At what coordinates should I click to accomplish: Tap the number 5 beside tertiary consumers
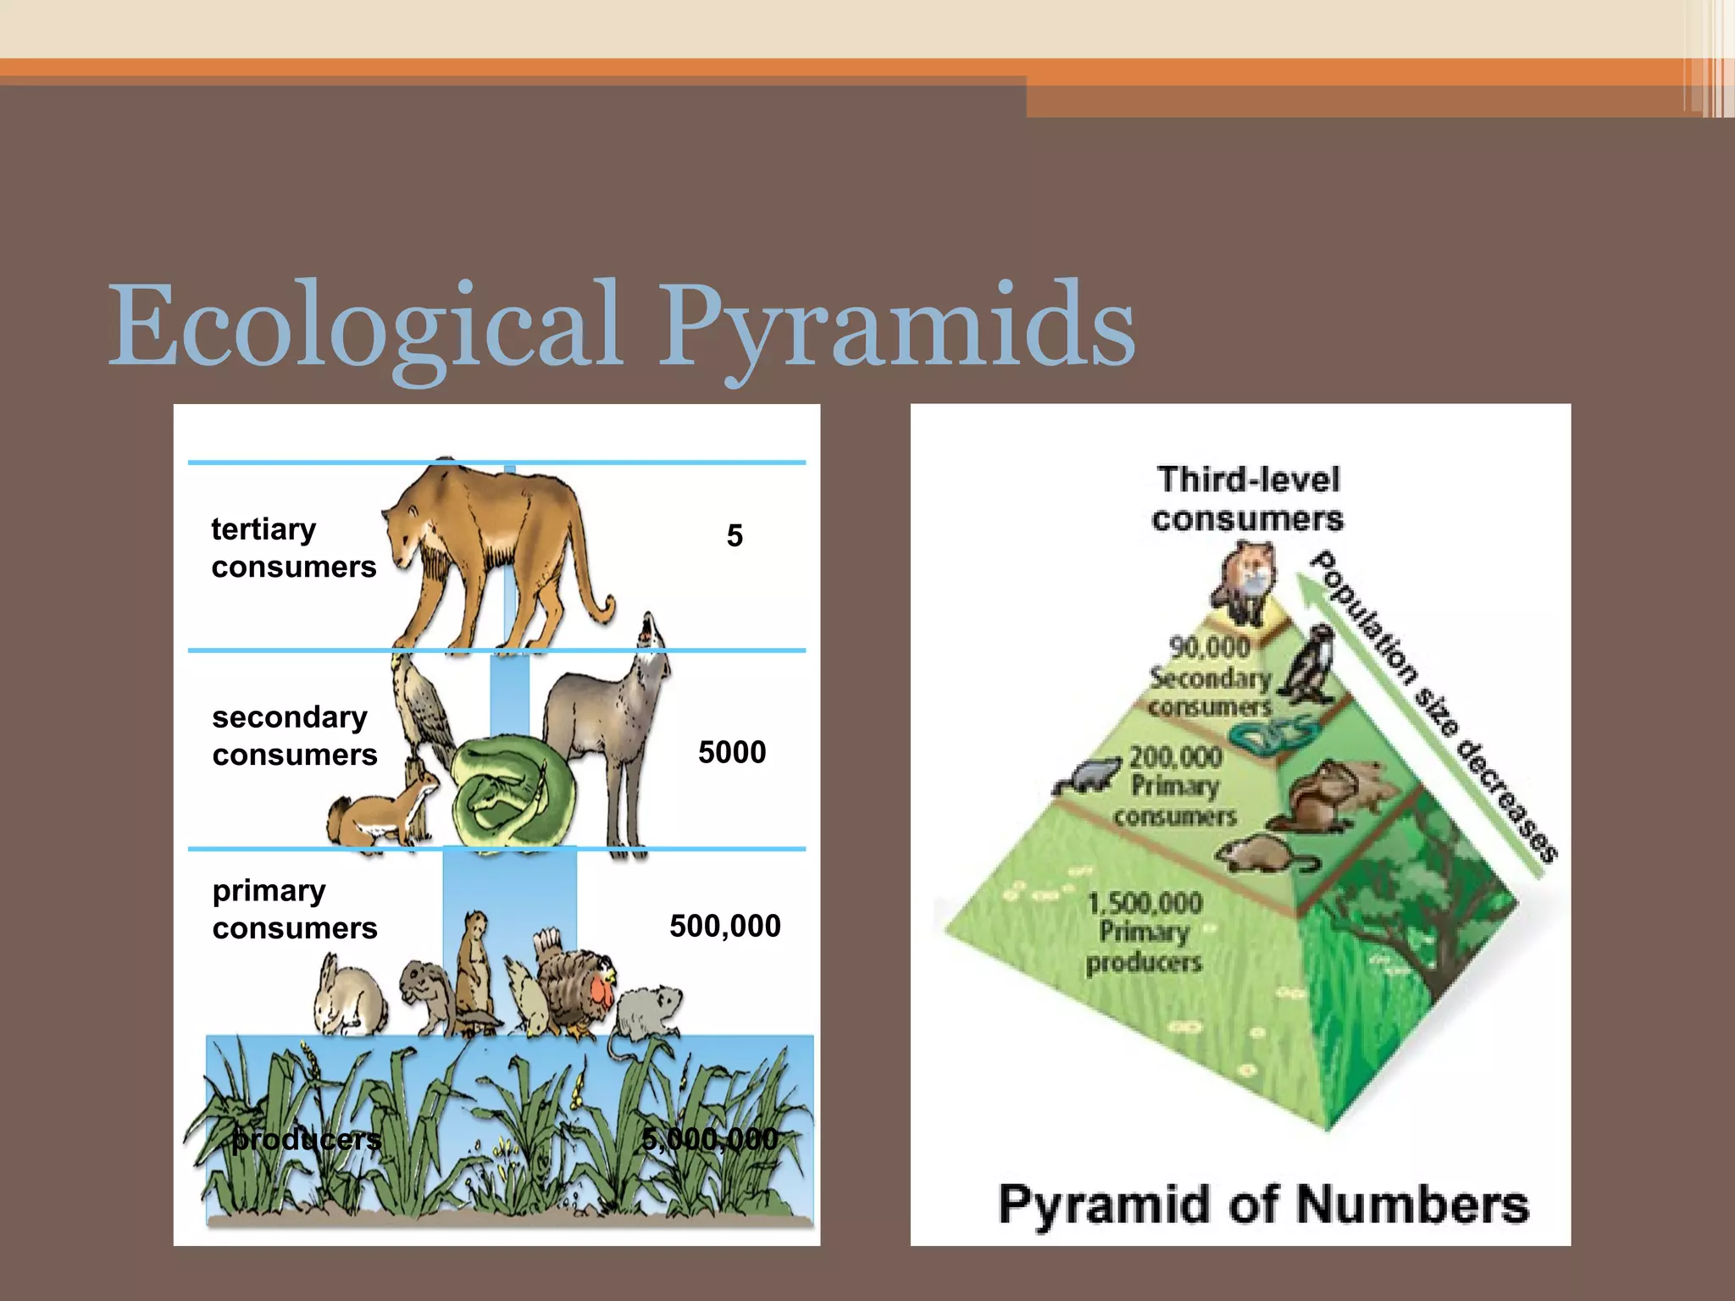[734, 536]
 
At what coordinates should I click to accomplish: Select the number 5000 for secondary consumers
[732, 752]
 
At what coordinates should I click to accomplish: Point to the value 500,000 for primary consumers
[725, 926]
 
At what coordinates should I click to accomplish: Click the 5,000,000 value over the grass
[710, 1139]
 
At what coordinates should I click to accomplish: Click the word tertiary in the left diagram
[263, 529]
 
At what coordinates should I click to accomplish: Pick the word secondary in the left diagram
[290, 717]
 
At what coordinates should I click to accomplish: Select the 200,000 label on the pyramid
[1176, 756]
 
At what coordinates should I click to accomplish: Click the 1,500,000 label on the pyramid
[1145, 903]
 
